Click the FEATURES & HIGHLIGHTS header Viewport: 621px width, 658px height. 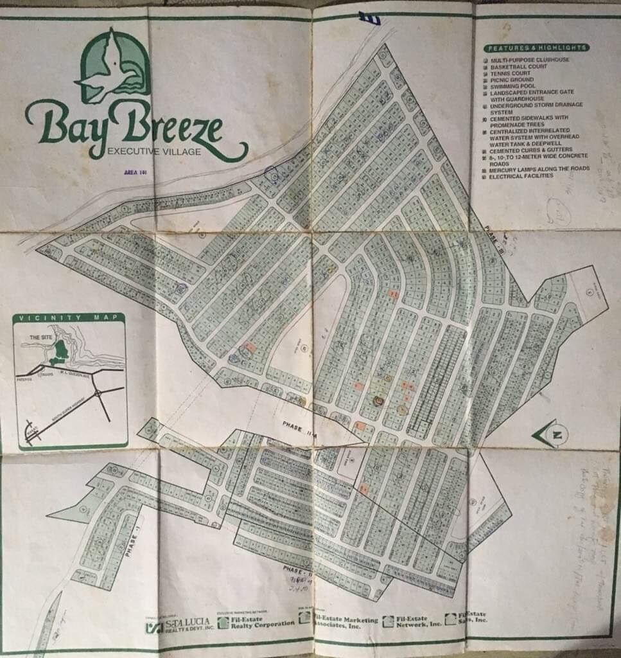536,48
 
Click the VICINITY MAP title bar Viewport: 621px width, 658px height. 69,319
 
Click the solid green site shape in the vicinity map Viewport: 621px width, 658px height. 61,351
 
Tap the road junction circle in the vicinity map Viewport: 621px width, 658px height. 97,393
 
